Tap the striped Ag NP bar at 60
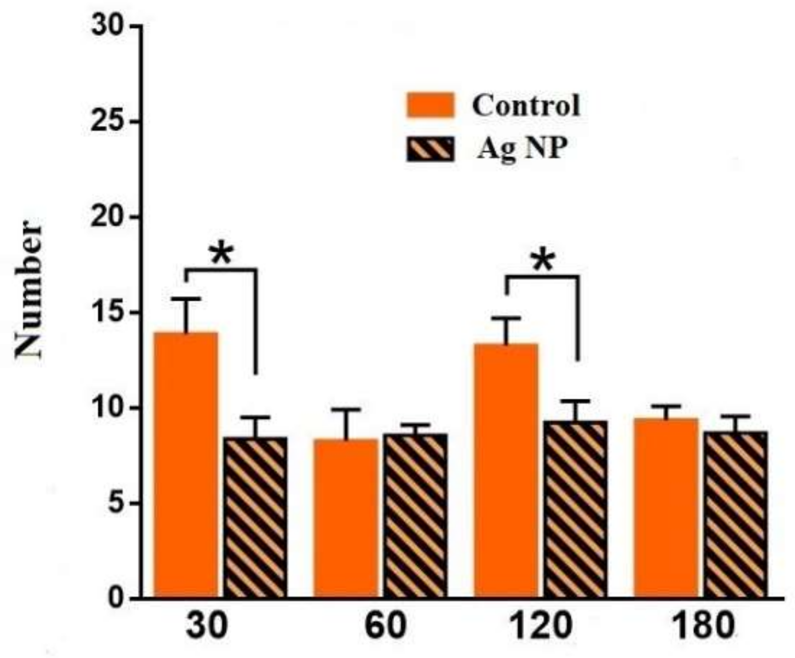click(x=415, y=516)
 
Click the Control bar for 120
click(x=506, y=470)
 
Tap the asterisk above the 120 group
click(x=543, y=261)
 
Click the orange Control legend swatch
click(x=430, y=105)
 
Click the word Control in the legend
click(x=526, y=105)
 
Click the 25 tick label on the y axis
click(x=108, y=122)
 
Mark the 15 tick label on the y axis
click(x=108, y=312)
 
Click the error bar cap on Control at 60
click(x=346, y=410)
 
